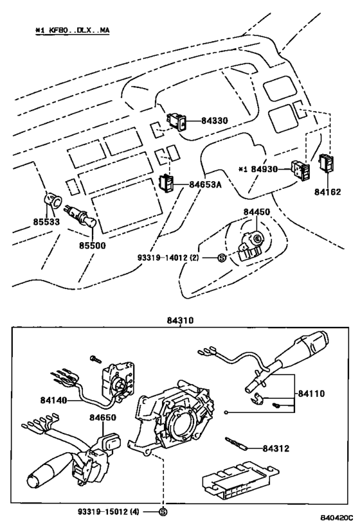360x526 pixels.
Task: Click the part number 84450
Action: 256,211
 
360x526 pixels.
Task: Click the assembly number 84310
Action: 181,319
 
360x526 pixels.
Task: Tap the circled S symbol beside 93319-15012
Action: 163,511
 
